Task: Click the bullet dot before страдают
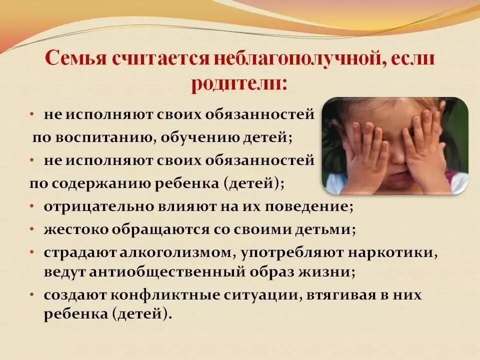click(x=32, y=253)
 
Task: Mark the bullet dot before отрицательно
click(x=32, y=206)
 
